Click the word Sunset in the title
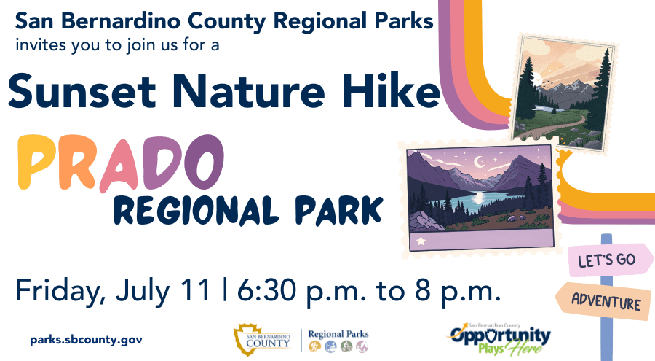[x=82, y=90]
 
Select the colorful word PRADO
[x=121, y=163]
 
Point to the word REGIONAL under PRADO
[x=196, y=210]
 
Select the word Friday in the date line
[x=60, y=291]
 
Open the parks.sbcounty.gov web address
[x=86, y=340]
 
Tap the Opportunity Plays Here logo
[x=500, y=338]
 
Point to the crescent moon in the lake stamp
[x=481, y=161]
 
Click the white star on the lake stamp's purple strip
[x=421, y=241]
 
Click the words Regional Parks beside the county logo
[x=338, y=334]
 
